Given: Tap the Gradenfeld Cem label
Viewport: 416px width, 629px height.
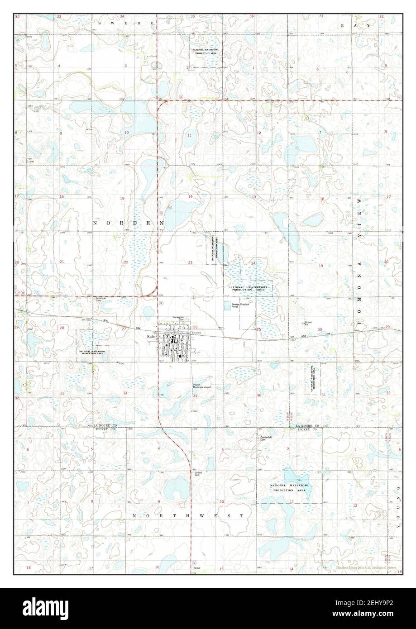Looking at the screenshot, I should point(265,438).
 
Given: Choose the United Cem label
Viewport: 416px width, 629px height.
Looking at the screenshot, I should point(198,474).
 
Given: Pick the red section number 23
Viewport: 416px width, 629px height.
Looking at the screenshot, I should point(190,262).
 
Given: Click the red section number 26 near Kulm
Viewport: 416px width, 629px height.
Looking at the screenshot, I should point(195,327).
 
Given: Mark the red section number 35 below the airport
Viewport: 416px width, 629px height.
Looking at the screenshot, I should point(195,396).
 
